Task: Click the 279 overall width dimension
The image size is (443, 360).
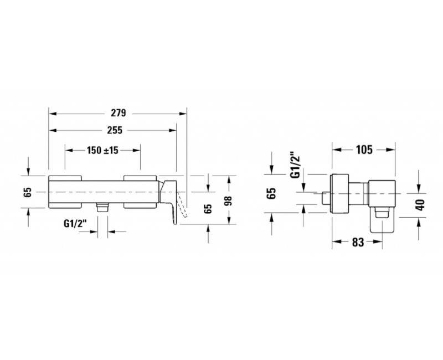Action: coord(118,113)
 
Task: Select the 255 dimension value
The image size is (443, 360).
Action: coord(115,130)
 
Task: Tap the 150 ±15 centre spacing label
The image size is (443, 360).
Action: coord(102,150)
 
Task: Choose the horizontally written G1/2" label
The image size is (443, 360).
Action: coord(75,224)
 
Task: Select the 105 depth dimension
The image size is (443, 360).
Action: coord(364,150)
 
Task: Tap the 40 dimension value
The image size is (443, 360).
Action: coord(421,205)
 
